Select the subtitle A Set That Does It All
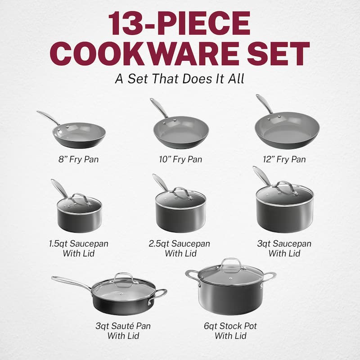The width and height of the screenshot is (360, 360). (180, 78)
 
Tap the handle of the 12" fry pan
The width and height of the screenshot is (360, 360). (265, 104)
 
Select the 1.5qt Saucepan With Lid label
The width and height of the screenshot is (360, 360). (79, 248)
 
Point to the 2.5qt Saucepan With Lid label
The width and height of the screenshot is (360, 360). (180, 248)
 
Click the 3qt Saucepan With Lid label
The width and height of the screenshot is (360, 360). (284, 248)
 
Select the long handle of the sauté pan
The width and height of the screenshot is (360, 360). (72, 283)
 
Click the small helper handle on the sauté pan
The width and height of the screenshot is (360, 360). (160, 293)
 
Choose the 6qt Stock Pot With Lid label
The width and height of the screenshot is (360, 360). (230, 331)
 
